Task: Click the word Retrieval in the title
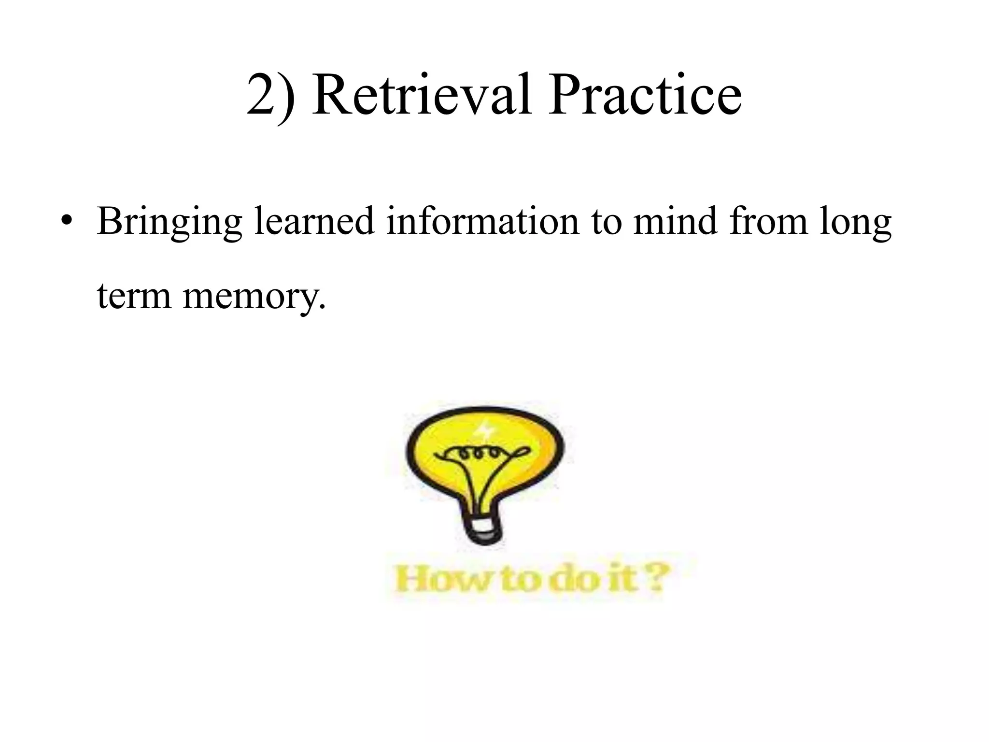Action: pyautogui.click(x=422, y=95)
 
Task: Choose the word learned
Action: pyautogui.click(x=314, y=221)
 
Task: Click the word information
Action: pyautogui.click(x=482, y=221)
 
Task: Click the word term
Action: pyautogui.click(x=134, y=296)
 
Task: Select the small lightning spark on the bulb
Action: pyautogui.click(x=483, y=429)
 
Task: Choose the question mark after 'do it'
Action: pyautogui.click(x=658, y=578)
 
